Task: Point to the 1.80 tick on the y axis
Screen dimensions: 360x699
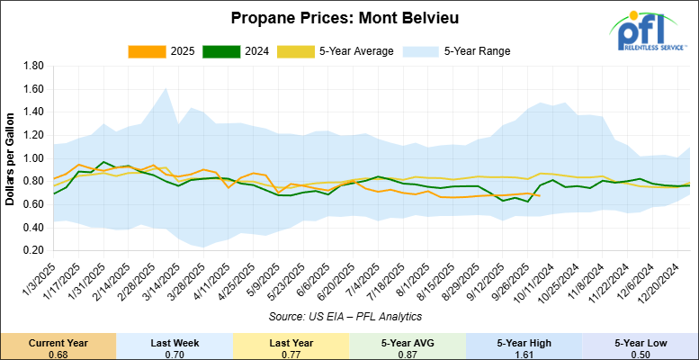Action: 34,67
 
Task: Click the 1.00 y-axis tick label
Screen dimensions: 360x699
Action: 34,158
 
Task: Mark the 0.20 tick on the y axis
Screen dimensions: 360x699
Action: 34,250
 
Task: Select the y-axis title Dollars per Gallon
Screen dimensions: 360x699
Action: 11,158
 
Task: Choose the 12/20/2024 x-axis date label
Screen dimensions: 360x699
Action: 667,282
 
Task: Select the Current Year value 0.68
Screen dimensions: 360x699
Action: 58,353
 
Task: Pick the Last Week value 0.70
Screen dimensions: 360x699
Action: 175,353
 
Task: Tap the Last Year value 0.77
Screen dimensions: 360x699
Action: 291,353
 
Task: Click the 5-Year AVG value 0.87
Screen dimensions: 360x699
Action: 408,353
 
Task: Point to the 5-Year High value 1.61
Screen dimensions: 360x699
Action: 524,353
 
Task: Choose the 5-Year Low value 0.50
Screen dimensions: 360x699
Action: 641,353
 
